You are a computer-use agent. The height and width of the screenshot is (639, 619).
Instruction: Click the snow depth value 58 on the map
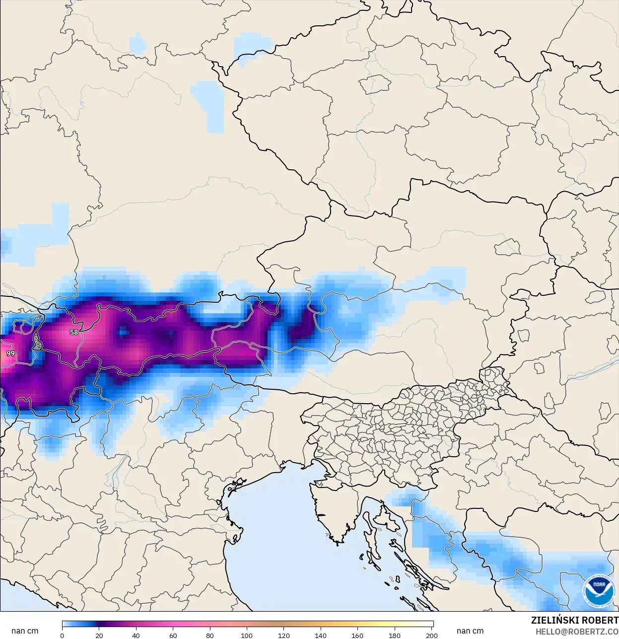point(74,332)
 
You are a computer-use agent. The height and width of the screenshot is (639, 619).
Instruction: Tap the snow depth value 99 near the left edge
point(10,354)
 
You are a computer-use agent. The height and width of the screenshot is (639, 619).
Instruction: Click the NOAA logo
point(598,590)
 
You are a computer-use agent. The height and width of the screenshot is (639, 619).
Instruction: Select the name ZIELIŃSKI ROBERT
point(574,620)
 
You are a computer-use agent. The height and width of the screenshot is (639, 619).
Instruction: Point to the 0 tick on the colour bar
point(62,635)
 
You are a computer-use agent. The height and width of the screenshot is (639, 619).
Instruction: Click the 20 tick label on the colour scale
point(99,635)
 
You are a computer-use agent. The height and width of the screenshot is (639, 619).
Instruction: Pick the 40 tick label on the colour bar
point(136,635)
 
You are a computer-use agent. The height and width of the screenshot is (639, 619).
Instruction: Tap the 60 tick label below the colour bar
point(173,635)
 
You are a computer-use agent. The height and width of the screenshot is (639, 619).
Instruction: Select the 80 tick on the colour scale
point(210,635)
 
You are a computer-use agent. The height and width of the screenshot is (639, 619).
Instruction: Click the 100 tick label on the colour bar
point(247,635)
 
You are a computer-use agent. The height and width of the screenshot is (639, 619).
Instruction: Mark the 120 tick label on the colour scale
point(284,635)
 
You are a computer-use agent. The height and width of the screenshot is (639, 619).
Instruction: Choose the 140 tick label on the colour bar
point(321,635)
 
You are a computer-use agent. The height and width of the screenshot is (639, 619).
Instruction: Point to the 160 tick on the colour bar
point(357,635)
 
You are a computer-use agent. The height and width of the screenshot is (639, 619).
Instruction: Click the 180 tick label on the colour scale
point(395,635)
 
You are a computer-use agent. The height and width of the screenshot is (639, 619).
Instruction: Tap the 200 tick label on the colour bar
point(431,635)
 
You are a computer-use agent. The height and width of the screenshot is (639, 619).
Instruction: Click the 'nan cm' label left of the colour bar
point(25,631)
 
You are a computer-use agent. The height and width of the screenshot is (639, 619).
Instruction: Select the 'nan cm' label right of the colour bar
point(470,631)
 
